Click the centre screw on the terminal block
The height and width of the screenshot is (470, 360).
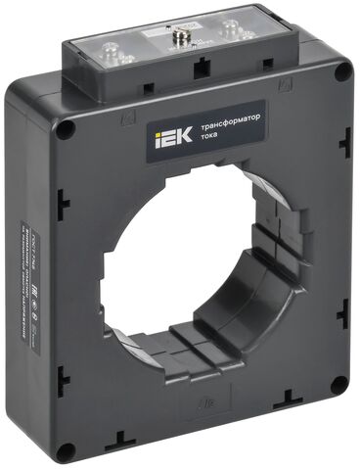pos(180,41)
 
